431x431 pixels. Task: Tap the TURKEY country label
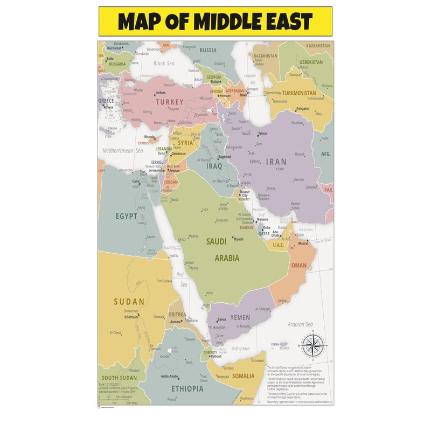tap(170, 101)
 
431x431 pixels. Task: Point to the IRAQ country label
tap(213, 166)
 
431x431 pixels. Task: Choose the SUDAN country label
tap(129, 301)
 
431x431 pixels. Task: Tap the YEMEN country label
tap(240, 317)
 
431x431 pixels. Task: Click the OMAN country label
tap(299, 266)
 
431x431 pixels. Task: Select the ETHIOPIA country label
tap(187, 388)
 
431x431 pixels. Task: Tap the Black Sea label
tap(164, 63)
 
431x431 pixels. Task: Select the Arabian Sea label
tap(300, 324)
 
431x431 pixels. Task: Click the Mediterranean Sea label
tap(122, 151)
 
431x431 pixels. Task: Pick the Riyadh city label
tap(239, 239)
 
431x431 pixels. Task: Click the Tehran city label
tap(262, 133)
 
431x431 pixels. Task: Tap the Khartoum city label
tap(131, 317)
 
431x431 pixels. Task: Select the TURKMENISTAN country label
tap(302, 92)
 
